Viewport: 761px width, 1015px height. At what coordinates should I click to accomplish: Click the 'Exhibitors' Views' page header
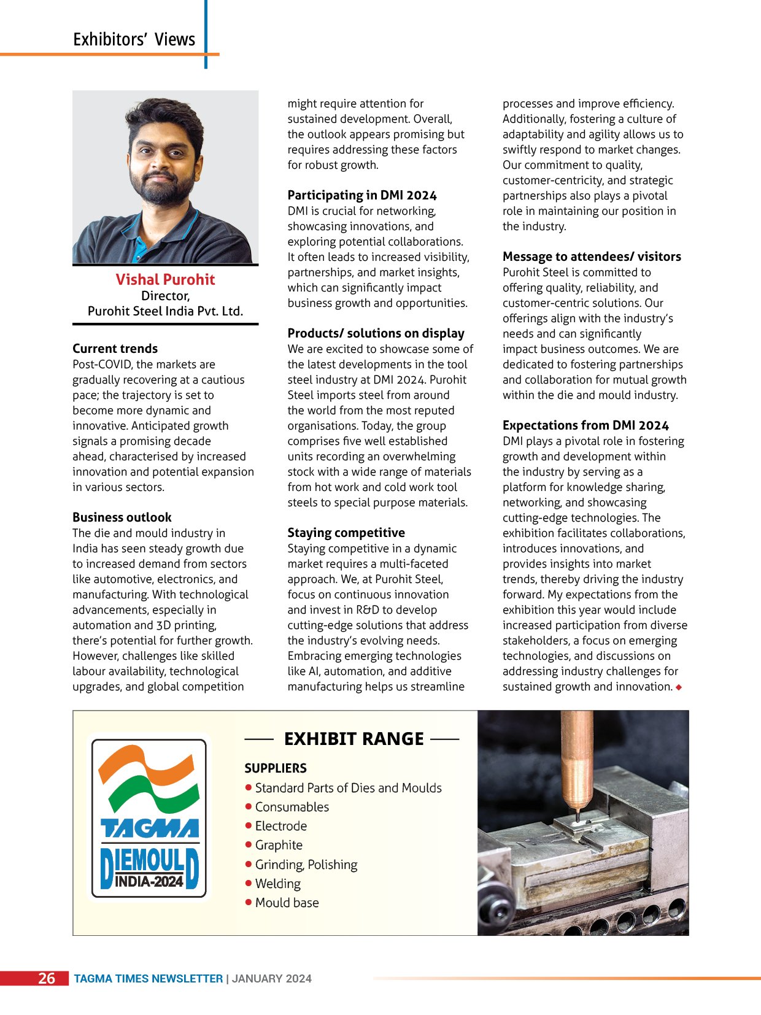coord(134,40)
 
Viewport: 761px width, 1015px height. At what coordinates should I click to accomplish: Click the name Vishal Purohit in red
coord(165,280)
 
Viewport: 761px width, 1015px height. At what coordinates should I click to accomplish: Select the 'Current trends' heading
coord(115,349)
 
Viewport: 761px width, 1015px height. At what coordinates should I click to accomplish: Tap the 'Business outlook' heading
coord(122,517)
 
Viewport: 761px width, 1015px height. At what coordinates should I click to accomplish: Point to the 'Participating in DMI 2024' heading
coord(362,195)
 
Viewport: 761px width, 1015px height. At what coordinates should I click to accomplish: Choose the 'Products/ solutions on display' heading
coord(376,333)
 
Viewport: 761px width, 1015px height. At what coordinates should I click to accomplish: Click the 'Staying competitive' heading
coord(346,533)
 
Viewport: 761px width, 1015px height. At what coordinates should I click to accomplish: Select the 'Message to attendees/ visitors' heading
coord(592,257)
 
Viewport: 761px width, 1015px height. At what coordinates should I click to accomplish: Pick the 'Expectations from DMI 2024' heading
coord(585,425)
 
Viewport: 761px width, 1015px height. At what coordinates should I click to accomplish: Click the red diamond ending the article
coord(679,687)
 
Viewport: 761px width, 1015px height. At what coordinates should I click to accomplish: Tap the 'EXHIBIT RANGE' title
coord(353,739)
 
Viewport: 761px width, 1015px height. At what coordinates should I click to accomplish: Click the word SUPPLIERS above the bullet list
coord(276,768)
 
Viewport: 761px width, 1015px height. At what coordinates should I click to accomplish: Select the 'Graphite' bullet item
coord(279,845)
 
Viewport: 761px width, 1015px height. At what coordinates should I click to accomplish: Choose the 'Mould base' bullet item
coord(287,903)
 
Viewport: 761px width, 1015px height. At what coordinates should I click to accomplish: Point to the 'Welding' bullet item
coord(277,884)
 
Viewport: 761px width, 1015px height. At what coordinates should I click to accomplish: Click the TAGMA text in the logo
coord(149,829)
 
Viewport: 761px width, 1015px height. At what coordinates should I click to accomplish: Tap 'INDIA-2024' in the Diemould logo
coord(149,882)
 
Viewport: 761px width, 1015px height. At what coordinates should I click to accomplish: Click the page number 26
coord(47,978)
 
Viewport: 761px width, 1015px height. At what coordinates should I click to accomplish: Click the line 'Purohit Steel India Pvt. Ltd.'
coord(165,311)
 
